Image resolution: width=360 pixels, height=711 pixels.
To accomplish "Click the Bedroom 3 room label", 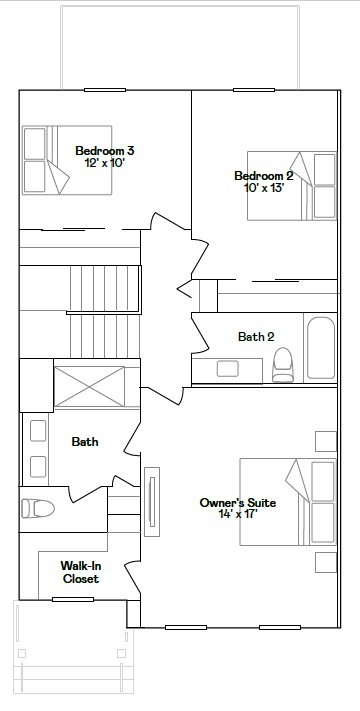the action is coord(105,151).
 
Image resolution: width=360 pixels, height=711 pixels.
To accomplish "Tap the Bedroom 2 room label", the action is coord(263,176).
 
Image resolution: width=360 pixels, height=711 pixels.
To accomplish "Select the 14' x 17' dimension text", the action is coord(238,514).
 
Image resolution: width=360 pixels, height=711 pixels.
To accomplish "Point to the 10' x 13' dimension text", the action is coord(264,187).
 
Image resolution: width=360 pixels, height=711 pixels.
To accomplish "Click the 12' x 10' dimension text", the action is coord(105,162).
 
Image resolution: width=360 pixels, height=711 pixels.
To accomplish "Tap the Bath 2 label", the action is coord(256,336).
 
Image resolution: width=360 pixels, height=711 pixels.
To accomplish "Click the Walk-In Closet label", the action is coord(81,572).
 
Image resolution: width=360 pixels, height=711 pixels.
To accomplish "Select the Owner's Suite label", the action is coord(238,502).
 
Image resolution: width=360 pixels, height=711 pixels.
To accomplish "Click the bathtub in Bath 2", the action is coord(321,348).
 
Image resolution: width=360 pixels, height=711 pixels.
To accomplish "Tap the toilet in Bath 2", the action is coord(283,365).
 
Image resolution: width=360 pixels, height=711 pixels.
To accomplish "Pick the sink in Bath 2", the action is coord(228,369).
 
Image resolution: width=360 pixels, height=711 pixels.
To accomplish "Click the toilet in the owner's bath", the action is coord(38,508).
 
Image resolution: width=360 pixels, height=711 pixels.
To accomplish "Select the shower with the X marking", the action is coord(89,386).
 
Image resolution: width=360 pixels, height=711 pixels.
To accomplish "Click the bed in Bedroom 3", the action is coord(67,160).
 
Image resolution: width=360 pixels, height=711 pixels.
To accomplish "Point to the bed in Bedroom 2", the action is coord(292,186).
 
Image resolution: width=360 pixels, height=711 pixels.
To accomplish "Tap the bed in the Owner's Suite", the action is coord(288,502).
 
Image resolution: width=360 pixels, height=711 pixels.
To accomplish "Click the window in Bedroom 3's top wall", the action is coord(105,90).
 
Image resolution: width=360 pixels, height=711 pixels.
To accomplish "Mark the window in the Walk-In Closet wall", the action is coord(73,599).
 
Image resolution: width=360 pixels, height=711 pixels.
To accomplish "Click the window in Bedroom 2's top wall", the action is coord(254,90).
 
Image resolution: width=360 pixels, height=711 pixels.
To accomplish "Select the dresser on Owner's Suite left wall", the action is coord(152,502).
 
